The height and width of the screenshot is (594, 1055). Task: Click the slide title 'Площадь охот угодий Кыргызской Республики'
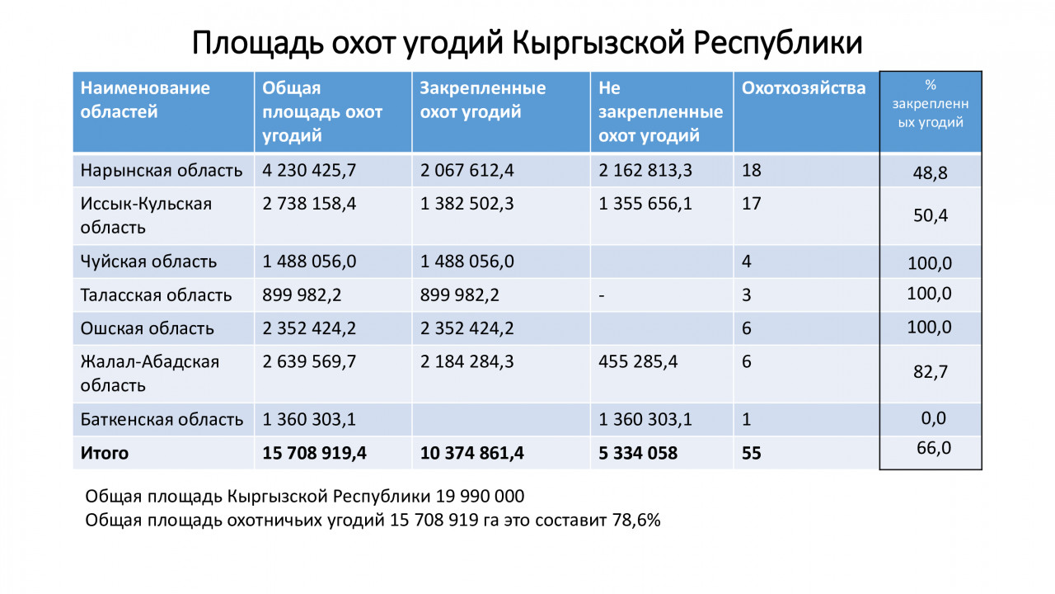[x=527, y=43]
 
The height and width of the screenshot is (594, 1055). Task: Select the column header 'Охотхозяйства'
[x=804, y=88]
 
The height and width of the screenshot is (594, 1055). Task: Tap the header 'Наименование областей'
[x=145, y=100]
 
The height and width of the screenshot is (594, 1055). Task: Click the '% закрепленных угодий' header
[x=931, y=104]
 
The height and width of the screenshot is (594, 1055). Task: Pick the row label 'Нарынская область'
[x=162, y=171]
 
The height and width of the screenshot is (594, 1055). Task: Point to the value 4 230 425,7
[x=309, y=171]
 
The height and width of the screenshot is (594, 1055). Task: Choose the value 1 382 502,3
[x=467, y=204]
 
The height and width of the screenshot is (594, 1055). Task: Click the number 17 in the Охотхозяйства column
[x=751, y=204]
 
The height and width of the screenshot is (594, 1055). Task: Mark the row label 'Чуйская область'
[x=148, y=262]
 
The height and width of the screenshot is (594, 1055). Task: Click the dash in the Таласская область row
[x=602, y=295]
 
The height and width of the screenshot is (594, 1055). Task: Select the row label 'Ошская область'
[x=147, y=328]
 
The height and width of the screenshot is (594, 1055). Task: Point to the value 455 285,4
[x=639, y=361]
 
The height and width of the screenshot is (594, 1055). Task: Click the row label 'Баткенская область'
[x=162, y=419]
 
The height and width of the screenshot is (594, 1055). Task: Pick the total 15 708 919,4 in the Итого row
[x=315, y=453]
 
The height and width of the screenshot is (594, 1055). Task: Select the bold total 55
[x=752, y=453]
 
